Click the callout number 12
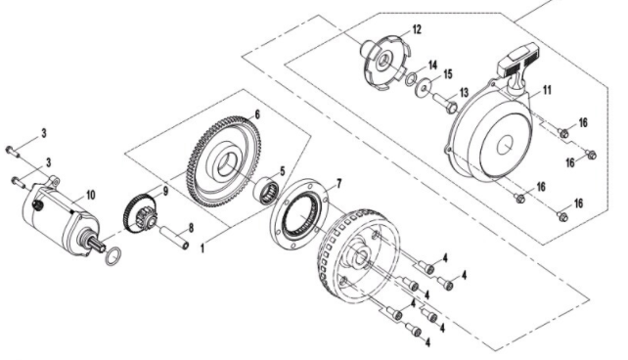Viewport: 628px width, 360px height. click(x=417, y=29)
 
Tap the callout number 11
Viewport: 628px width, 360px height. click(x=547, y=90)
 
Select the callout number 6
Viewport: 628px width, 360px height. click(x=257, y=114)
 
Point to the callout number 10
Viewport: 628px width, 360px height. click(x=91, y=195)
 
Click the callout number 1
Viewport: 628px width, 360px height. click(x=202, y=248)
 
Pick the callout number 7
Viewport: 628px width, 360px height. click(x=339, y=184)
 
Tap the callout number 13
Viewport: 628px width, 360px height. click(x=464, y=93)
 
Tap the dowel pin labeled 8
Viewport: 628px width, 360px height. click(x=175, y=238)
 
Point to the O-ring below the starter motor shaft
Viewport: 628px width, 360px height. click(x=113, y=256)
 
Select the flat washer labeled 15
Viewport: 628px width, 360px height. click(x=424, y=86)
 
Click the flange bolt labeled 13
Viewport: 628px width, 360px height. click(x=445, y=102)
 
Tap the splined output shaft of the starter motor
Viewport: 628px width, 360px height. click(x=94, y=243)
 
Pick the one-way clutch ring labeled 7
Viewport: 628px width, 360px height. click(x=298, y=214)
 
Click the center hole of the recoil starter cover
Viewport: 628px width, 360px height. click(x=505, y=145)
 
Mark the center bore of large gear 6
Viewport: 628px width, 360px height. click(x=227, y=164)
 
